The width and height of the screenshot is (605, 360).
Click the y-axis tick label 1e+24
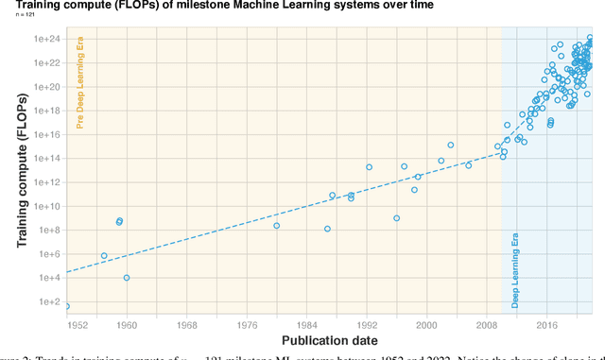click(x=48, y=39)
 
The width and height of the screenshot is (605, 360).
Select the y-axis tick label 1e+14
click(x=48, y=159)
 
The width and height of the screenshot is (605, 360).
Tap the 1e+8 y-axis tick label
click(x=50, y=231)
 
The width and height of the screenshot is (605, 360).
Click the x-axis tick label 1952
click(x=76, y=324)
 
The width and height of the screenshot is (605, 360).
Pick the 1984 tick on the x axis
click(x=311, y=324)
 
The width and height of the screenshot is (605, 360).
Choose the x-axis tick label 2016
click(x=547, y=324)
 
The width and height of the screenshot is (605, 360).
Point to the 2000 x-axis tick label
click(x=429, y=324)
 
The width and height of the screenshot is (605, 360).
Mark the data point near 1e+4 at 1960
click(x=127, y=278)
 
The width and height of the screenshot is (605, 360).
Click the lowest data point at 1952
click(x=66, y=306)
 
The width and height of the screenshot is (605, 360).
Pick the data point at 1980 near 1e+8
click(x=276, y=226)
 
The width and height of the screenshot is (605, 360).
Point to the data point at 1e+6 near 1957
click(x=104, y=256)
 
